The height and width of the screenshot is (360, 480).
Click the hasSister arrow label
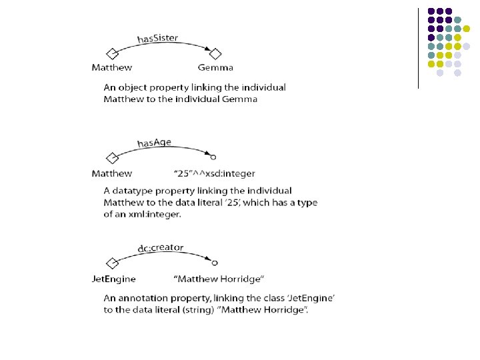[157, 38]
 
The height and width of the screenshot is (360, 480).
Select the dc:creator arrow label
[161, 248]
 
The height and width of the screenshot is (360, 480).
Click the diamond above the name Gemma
[215, 54]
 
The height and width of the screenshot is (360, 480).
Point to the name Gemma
[215, 67]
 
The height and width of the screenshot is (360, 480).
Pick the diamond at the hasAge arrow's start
[111, 158]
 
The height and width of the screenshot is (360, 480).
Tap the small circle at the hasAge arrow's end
[213, 157]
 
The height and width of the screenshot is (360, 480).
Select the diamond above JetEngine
[111, 263]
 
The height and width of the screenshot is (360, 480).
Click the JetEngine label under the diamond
[113, 279]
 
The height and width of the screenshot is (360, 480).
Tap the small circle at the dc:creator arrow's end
[215, 263]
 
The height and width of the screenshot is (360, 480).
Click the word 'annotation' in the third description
[142, 298]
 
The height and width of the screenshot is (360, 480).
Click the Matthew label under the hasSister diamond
[111, 67]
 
